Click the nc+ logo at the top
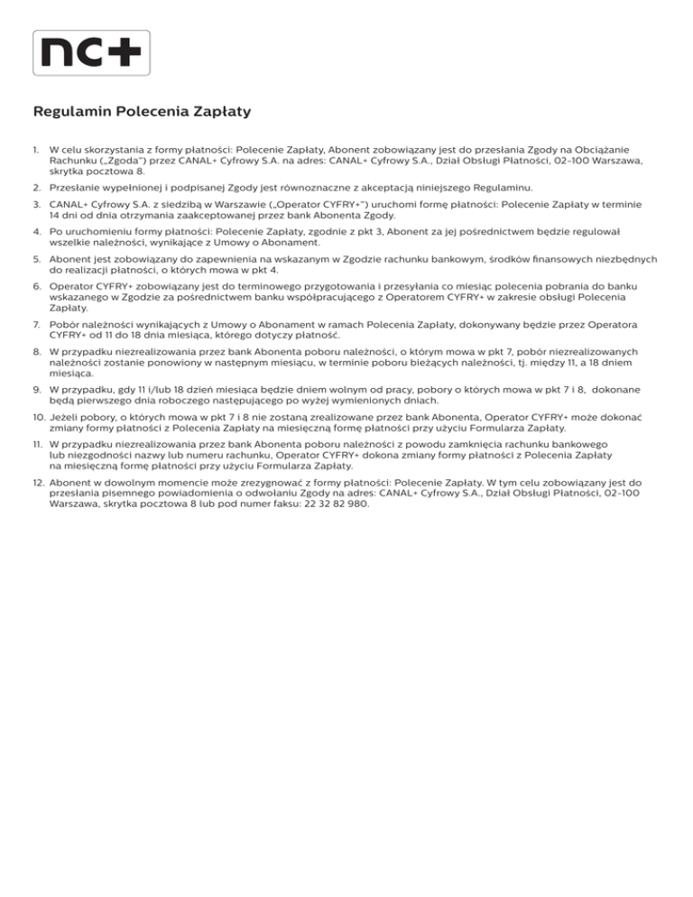[x=91, y=52]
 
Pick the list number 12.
[x=38, y=484]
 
